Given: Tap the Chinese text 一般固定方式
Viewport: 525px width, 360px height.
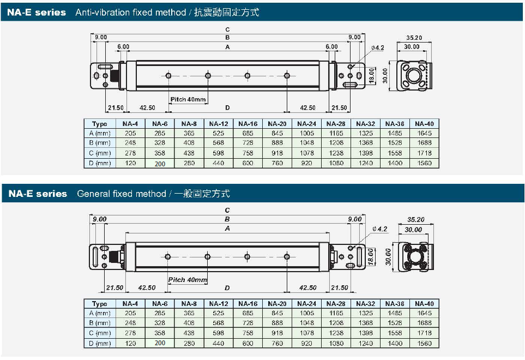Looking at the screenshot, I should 202,194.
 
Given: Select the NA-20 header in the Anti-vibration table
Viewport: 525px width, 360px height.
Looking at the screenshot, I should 277,124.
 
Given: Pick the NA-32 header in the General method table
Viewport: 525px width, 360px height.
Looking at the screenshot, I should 366,304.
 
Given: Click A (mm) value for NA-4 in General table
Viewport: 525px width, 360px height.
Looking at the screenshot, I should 130,314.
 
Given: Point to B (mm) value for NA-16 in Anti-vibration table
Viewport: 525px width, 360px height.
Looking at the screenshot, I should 248,143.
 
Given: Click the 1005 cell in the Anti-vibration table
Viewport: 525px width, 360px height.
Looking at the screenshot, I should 307,134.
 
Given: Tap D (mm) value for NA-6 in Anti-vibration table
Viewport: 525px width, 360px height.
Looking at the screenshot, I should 160,163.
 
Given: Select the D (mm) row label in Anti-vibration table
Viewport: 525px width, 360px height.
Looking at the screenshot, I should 100,163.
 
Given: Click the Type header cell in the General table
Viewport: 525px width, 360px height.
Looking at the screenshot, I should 100,304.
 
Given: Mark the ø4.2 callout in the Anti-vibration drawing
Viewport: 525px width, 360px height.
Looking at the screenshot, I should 378,48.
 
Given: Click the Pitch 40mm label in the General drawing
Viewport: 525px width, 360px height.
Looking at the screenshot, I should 188,280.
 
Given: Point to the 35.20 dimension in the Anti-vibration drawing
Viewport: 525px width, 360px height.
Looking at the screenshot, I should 414,38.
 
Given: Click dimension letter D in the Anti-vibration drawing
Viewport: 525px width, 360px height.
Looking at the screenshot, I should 227,107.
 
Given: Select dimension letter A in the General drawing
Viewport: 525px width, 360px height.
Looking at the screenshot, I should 227,229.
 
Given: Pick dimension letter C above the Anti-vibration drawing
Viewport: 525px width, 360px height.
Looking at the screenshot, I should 227,29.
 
